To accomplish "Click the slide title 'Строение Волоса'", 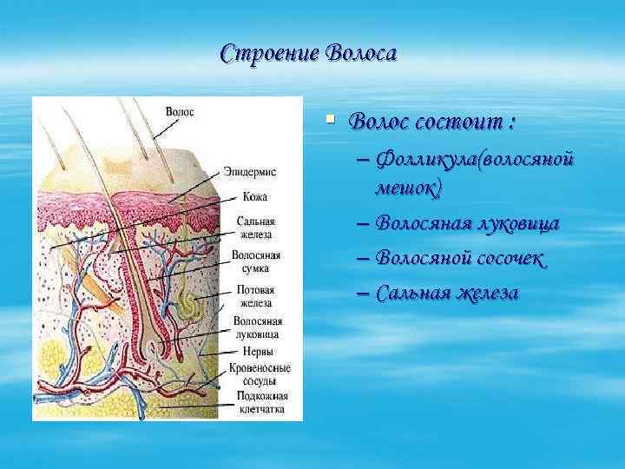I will click(x=308, y=54).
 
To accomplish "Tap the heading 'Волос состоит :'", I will click(x=431, y=122).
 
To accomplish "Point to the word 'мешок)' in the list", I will click(x=408, y=187).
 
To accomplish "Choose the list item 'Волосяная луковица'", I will click(x=467, y=223).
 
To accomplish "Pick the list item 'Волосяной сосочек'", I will click(x=461, y=258).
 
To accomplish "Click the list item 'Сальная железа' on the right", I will click(x=447, y=293).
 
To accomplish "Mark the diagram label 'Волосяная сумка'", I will click(x=255, y=262).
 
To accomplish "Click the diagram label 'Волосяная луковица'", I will click(x=255, y=327).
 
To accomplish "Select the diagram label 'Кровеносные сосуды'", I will click(x=260, y=374).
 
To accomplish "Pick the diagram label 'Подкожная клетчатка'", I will click(x=260, y=402).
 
